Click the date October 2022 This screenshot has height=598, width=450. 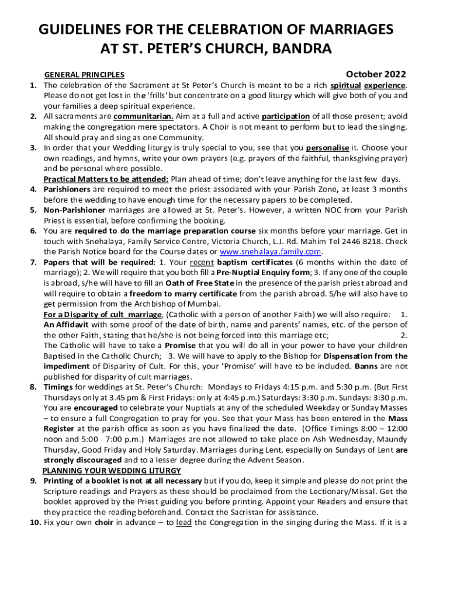tap(376, 74)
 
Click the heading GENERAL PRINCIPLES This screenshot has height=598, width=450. tap(84, 75)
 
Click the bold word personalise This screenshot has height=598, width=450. tap(327, 148)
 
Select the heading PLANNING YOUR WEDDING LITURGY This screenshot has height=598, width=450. tap(112, 470)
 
